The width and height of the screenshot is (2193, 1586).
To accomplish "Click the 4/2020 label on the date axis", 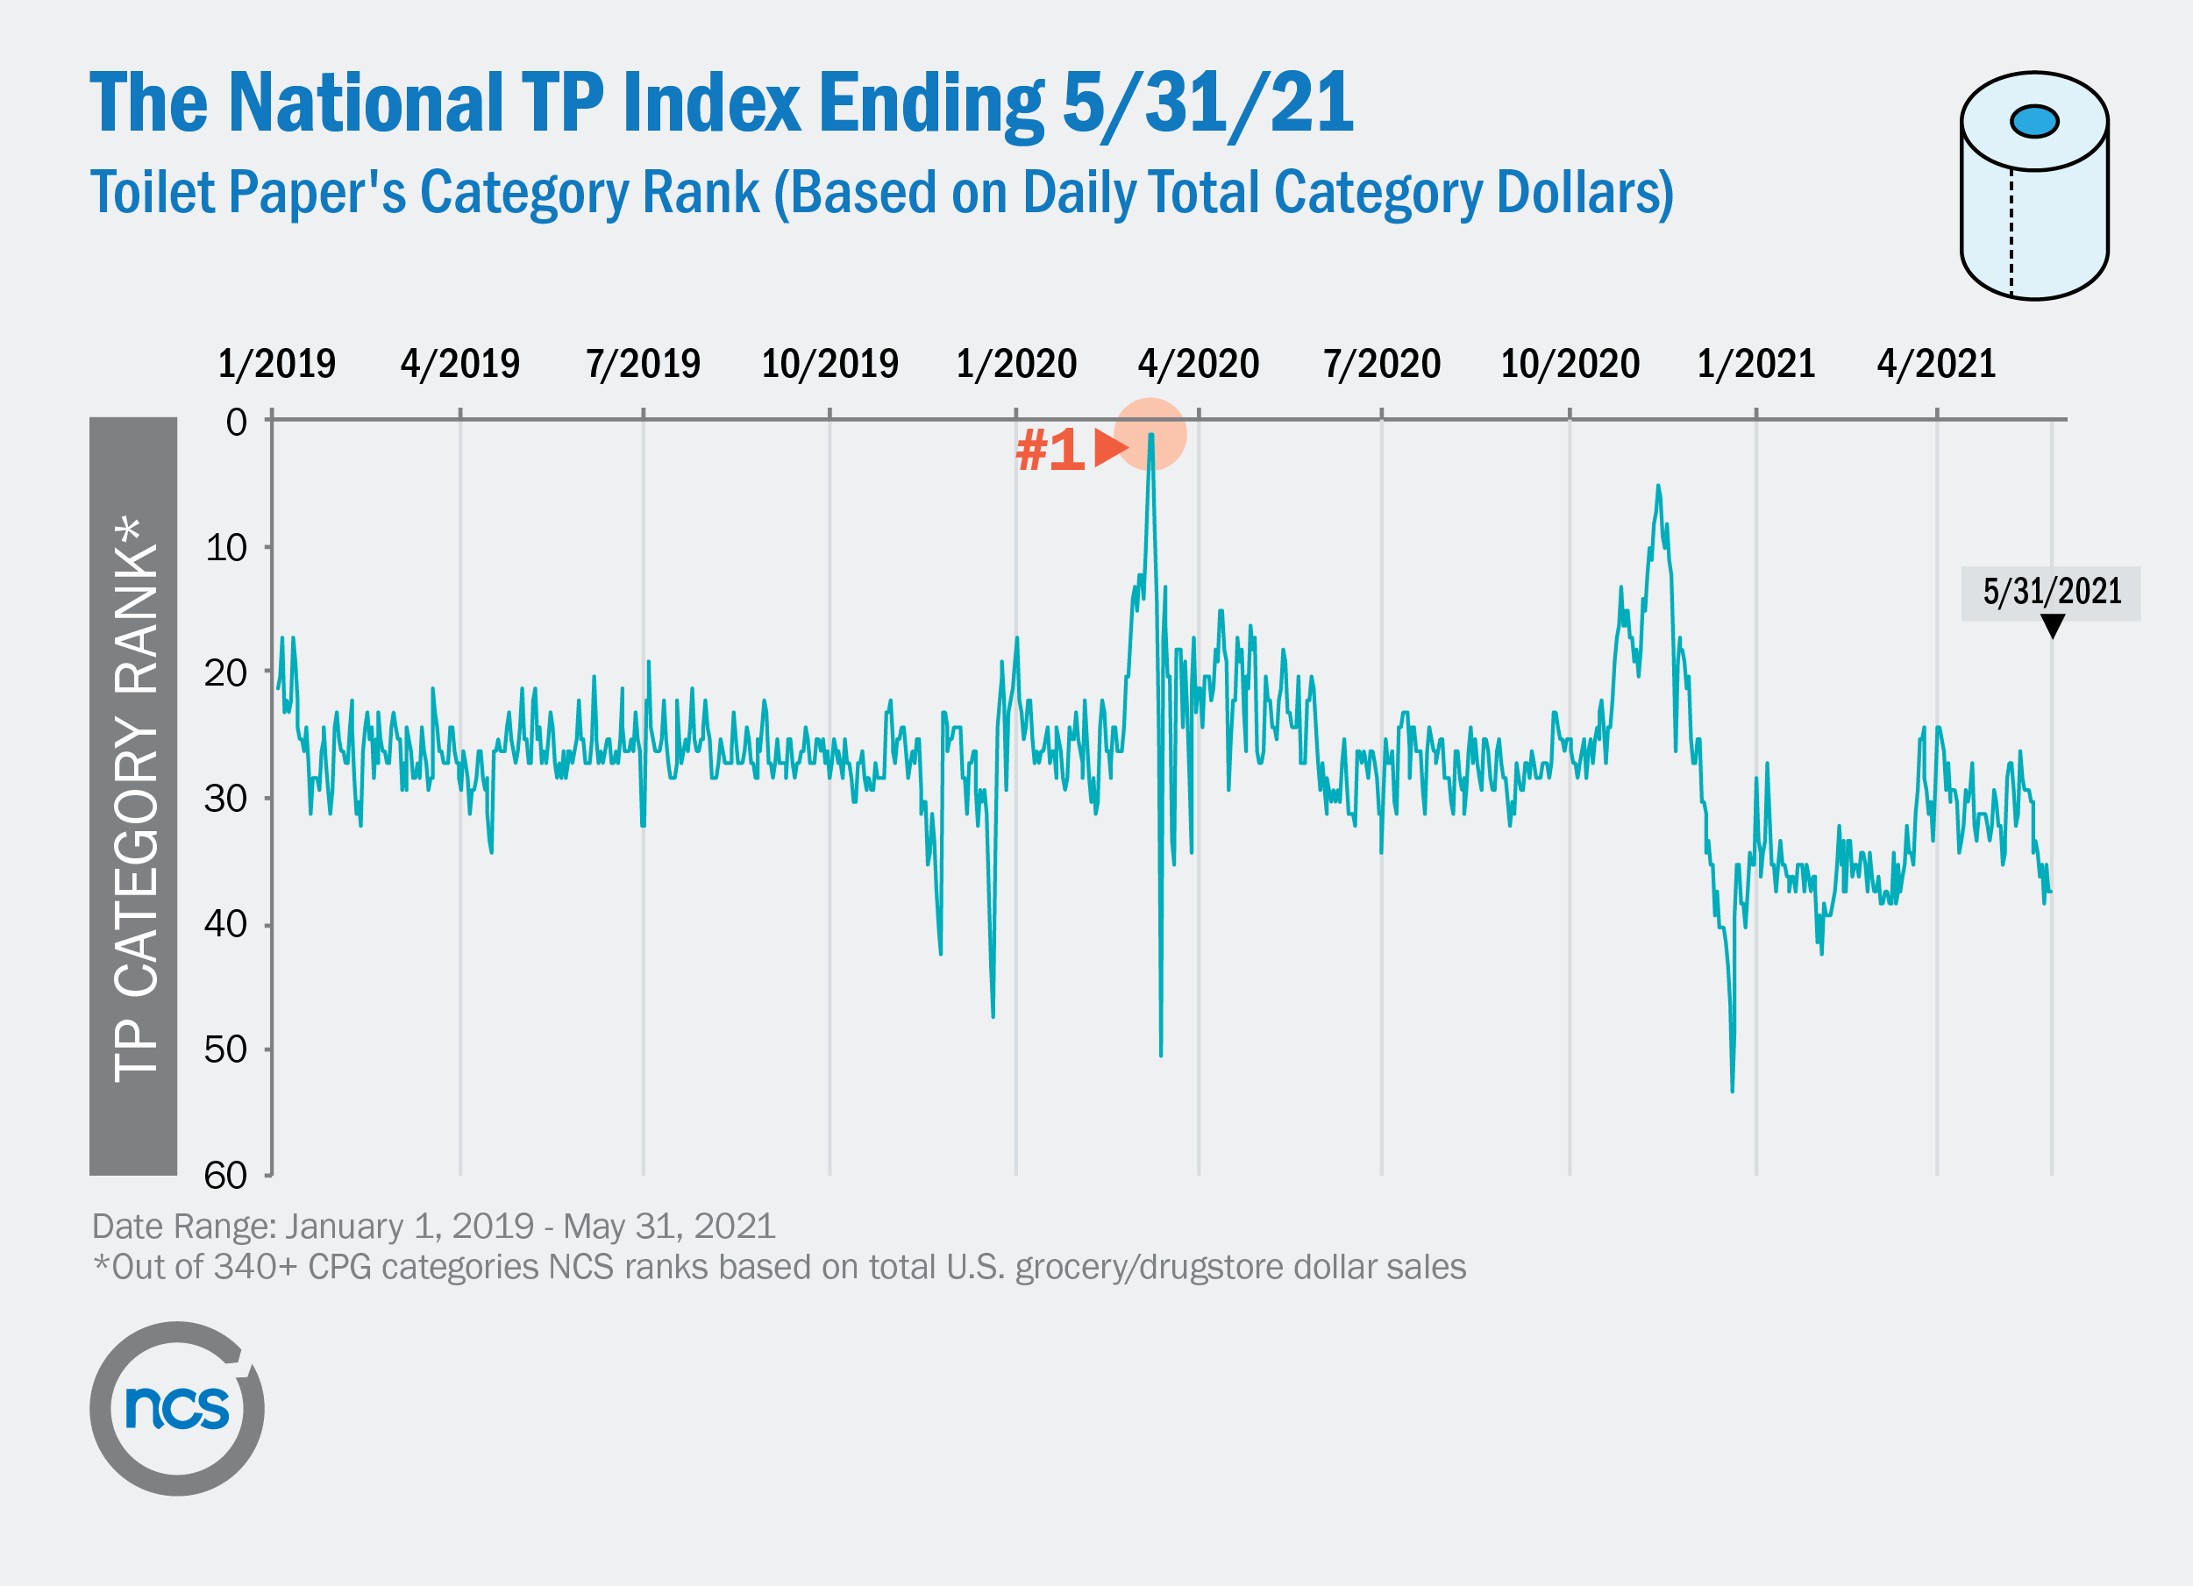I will click(1198, 365).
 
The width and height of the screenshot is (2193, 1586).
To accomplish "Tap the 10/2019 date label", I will click(829, 365).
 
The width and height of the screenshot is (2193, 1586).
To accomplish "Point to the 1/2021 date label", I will click(1756, 365).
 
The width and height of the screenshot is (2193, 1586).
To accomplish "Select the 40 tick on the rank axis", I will click(225, 925).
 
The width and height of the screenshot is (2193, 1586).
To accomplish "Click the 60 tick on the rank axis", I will click(225, 1176).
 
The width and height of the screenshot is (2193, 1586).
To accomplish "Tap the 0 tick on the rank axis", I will click(236, 422).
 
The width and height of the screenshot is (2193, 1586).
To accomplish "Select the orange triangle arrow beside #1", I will click(1109, 448).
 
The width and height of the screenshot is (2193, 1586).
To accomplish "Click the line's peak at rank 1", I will click(1150, 435).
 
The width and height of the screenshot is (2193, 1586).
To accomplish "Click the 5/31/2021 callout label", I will click(2051, 592).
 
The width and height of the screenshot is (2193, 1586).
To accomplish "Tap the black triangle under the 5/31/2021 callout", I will click(2052, 627).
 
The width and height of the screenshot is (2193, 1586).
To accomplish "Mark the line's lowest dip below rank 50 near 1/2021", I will click(1732, 1090).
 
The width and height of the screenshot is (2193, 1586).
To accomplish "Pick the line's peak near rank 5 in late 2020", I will click(1658, 487).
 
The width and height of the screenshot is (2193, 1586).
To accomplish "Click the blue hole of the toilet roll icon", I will click(2033, 121).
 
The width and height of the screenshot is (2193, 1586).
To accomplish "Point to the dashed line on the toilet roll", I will click(2011, 232).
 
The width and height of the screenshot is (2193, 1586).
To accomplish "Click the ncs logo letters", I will click(177, 1407).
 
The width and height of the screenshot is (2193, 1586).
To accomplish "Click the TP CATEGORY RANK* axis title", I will click(134, 798).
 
